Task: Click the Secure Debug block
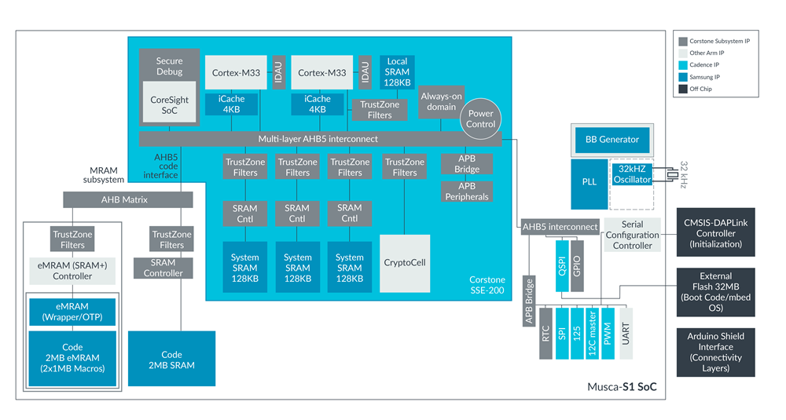point(169,66)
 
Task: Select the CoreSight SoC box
point(169,105)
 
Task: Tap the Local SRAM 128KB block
point(397,71)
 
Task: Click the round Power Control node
point(480,119)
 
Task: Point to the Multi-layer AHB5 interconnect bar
point(319,139)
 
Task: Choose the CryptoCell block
point(405,262)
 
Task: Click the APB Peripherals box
point(467,192)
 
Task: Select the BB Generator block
point(612,140)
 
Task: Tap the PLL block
point(589,181)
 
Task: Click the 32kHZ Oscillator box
point(633,174)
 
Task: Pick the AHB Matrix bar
point(128,199)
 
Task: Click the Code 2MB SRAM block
point(172,360)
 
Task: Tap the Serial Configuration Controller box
point(632,236)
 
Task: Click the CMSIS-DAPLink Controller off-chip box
point(715,233)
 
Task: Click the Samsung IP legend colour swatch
point(683,77)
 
